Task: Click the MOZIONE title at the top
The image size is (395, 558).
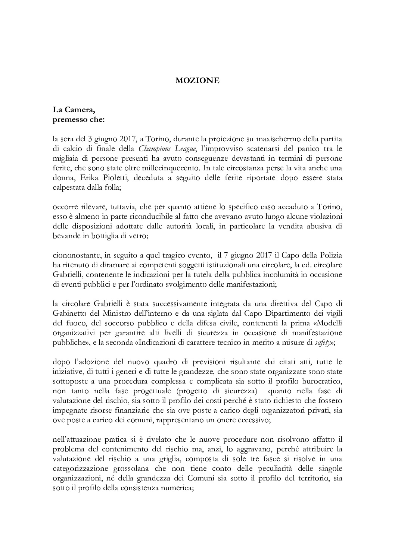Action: point(197,81)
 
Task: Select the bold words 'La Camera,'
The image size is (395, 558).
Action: point(74,110)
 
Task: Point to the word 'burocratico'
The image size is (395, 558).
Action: point(323,381)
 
